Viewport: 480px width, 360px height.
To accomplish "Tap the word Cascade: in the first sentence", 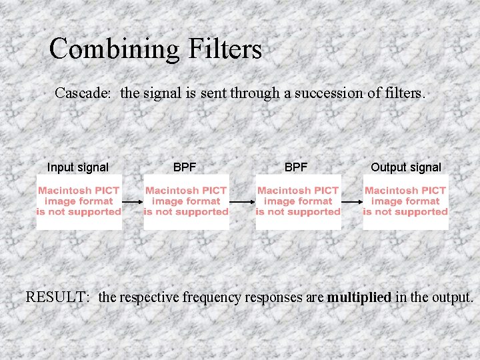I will [83, 93].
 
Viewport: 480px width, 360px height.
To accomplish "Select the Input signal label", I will [78, 167].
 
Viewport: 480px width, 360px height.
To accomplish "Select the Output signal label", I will [405, 167].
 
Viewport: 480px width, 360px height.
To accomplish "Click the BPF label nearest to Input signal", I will [185, 167].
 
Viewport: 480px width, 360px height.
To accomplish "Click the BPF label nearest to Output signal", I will [296, 167].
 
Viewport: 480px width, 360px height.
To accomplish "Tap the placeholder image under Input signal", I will [79, 201].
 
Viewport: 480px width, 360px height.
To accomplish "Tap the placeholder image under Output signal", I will [405, 201].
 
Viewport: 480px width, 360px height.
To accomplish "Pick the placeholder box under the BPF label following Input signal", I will [186, 201].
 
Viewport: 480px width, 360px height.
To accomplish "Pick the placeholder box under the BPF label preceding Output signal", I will [298, 201].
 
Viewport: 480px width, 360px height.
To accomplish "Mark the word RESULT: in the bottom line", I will [57, 297].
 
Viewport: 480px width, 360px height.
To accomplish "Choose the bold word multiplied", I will [359, 297].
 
